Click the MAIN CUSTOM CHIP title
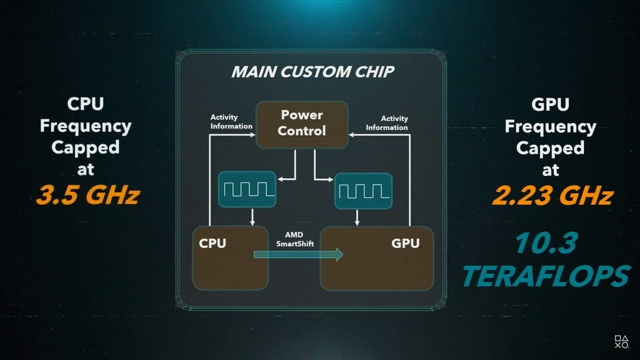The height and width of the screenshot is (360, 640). pos(312,72)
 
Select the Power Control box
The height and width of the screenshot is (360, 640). pos(302,123)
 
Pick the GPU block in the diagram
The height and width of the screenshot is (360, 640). pos(377,258)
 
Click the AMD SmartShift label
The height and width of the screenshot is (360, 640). pos(294,239)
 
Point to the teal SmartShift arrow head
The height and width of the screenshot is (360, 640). pos(338,255)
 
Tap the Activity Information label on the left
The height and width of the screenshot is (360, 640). pos(231,122)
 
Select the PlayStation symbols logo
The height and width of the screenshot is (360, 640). pos(622,342)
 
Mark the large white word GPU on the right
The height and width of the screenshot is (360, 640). pos(550,105)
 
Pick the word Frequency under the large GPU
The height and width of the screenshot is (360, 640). pos(550,126)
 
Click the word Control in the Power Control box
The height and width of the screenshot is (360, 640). pos(302,131)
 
